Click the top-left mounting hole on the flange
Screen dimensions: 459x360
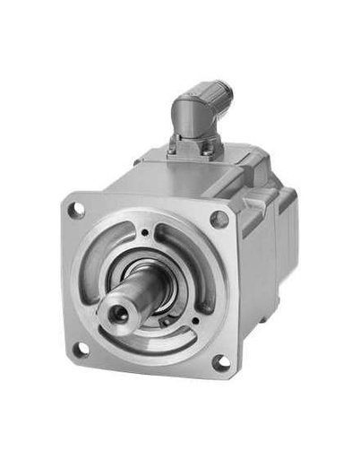click(77, 210)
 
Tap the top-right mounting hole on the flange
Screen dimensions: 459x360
click(218, 218)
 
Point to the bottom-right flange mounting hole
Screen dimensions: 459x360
click(219, 362)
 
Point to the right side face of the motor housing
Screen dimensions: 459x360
click(260, 269)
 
